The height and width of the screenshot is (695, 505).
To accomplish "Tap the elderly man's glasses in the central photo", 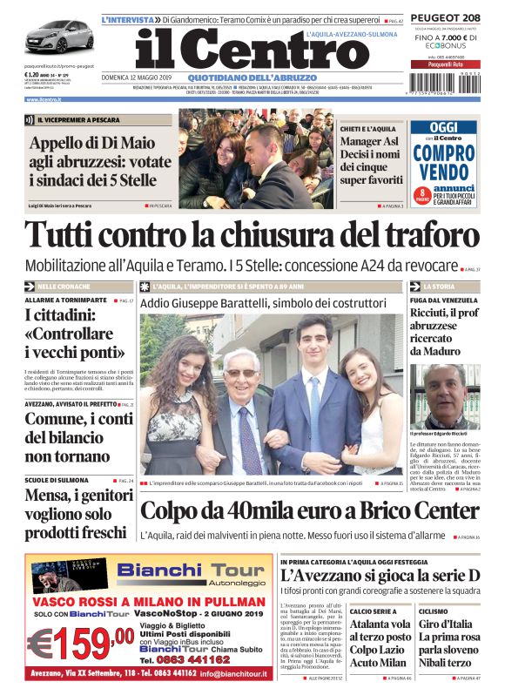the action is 241,373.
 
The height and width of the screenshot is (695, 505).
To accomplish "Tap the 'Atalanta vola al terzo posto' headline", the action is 380,631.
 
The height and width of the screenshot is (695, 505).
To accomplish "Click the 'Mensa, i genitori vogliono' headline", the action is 70,513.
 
